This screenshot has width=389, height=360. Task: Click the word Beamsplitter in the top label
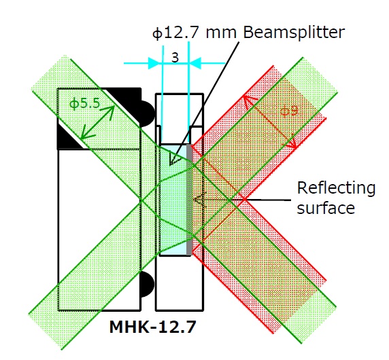pos(294,33)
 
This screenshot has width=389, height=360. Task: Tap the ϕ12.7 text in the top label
pos(175,33)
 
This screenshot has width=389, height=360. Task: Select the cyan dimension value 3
pos(175,58)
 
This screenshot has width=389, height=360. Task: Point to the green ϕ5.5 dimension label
pos(84,103)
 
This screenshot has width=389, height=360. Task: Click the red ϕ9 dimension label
pos(289,111)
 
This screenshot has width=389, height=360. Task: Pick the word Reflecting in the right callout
pos(336,189)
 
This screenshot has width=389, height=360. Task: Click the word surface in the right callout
pos(326,208)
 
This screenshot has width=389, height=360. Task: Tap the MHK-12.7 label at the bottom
pos(152,327)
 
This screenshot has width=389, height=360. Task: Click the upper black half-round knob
pos(147,113)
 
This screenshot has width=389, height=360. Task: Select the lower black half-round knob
pos(147,284)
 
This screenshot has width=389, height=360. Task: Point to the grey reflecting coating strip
pos(189,200)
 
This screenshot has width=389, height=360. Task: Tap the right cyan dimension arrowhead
pos(195,63)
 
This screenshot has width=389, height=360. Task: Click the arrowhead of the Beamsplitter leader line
pos(174,159)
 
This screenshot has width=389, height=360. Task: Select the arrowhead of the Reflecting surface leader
pos(200,199)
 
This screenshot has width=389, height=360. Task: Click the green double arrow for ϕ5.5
pos(97,122)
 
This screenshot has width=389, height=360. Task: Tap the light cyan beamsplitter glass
pos(173,200)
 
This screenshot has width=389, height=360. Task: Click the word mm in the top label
pos(220,34)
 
